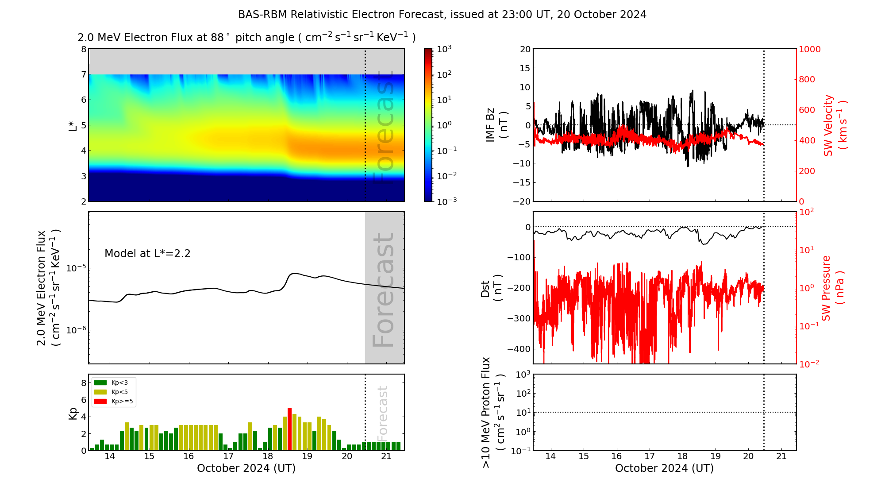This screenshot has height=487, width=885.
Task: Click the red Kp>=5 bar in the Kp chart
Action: [x=289, y=429]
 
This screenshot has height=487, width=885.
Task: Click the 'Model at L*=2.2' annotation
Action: [x=147, y=254]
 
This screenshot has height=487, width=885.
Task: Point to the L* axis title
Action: [x=73, y=125]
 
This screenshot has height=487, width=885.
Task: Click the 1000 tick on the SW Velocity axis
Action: [x=809, y=49]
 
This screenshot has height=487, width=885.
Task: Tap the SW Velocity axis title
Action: [x=835, y=125]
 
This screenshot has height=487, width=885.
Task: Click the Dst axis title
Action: [x=491, y=288]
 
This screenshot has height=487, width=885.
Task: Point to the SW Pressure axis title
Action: [x=833, y=288]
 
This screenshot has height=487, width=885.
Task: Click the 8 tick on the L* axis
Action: [x=83, y=49]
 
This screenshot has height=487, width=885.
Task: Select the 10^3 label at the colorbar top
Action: [x=444, y=49]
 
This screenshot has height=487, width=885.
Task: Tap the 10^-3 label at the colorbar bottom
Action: [x=446, y=201]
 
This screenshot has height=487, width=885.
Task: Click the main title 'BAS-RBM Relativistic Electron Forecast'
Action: [x=442, y=15]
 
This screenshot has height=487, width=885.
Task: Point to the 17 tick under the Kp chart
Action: [x=228, y=456]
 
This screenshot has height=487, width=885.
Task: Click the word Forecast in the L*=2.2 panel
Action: [x=384, y=290]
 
